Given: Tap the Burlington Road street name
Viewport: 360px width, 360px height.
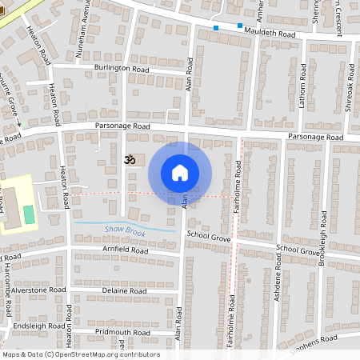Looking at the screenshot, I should coord(121,69).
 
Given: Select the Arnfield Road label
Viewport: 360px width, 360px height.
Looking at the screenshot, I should coord(126,251).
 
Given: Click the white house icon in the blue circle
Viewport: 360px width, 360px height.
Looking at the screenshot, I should coord(180,173).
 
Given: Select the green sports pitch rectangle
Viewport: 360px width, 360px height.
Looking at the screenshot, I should coord(30,214).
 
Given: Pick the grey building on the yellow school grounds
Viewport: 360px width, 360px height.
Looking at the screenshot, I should coord(10,206).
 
